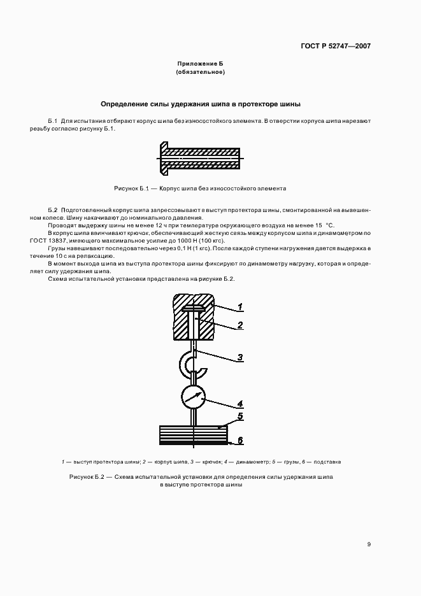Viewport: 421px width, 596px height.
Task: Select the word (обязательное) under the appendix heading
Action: pyautogui.click(x=201, y=73)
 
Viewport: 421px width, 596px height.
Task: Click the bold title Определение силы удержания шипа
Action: pyautogui.click(x=201, y=103)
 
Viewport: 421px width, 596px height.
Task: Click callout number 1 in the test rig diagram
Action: pyautogui.click(x=241, y=308)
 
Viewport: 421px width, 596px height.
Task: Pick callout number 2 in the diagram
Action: pyautogui.click(x=241, y=325)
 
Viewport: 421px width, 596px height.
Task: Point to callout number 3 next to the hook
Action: pyautogui.click(x=241, y=358)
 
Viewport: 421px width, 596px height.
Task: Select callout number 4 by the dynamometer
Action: pyautogui.click(x=241, y=404)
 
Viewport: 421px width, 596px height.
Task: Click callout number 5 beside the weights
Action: pyautogui.click(x=241, y=417)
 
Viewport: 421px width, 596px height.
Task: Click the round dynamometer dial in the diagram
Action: pyautogui.click(x=194, y=396)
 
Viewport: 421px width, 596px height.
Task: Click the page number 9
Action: pyautogui.click(x=369, y=544)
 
